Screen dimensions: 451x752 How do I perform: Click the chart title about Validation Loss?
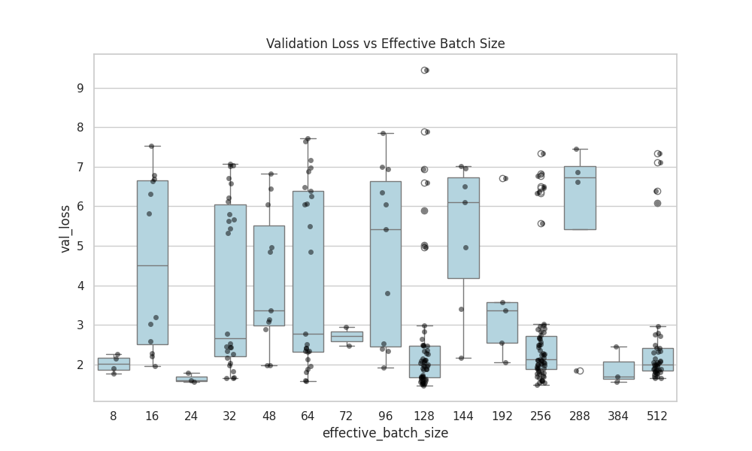point(385,44)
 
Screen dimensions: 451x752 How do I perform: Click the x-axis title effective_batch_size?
point(385,433)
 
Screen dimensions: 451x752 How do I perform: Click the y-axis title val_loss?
point(65,229)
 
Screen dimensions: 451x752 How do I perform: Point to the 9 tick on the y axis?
point(79,88)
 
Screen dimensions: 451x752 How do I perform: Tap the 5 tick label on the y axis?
point(79,246)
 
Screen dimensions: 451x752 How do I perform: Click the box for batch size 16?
point(153,301)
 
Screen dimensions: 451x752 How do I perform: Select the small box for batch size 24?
point(191,379)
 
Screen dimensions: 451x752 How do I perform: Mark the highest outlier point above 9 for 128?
point(425,70)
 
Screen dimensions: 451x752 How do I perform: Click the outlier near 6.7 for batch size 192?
point(503,178)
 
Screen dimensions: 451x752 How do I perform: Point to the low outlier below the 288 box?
point(580,371)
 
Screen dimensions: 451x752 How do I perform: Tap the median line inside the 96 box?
point(386,229)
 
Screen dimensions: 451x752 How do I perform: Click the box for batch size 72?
point(347,337)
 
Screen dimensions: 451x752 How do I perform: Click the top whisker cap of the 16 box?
point(153,146)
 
